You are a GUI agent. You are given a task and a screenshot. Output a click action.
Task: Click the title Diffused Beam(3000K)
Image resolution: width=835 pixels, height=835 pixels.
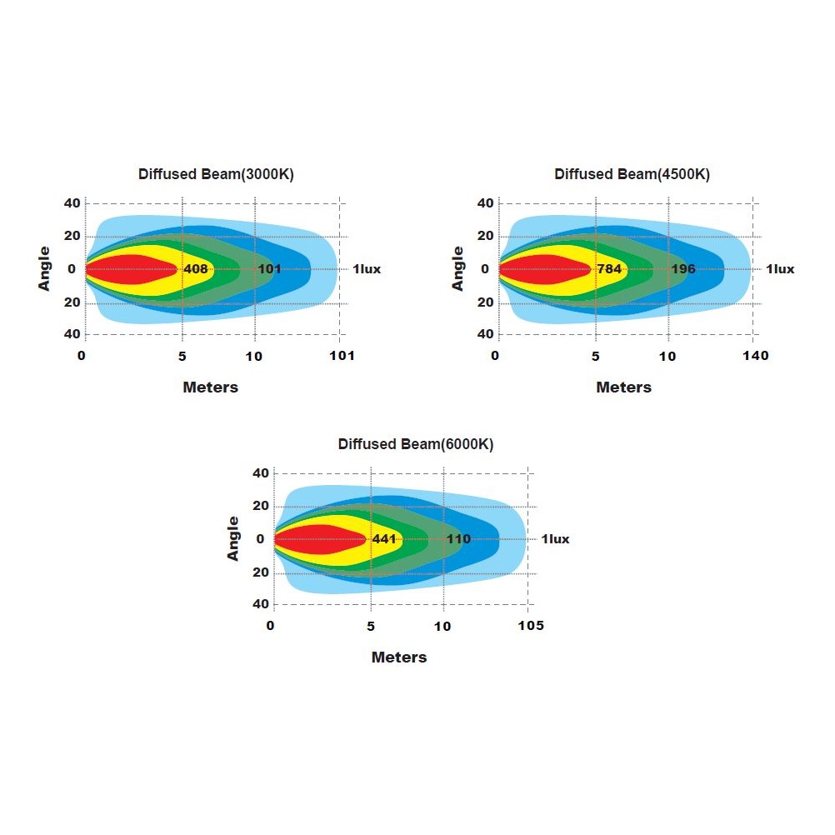click(216, 174)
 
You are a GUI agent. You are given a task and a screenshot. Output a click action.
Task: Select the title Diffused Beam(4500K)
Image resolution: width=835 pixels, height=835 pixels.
click(632, 174)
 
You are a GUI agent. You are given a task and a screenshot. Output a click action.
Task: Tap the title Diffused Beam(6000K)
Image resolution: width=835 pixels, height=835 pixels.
click(416, 444)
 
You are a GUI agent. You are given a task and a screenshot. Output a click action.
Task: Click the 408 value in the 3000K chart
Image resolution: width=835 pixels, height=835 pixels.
click(196, 269)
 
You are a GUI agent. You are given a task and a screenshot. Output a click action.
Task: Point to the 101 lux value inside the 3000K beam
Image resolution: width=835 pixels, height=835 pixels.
click(269, 269)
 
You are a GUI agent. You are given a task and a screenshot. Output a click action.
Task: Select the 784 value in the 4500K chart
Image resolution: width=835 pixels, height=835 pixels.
click(609, 269)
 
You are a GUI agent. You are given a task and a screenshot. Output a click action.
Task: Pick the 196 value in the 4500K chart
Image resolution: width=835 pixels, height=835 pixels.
click(683, 269)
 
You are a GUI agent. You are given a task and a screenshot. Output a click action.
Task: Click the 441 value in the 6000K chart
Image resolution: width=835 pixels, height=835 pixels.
click(384, 539)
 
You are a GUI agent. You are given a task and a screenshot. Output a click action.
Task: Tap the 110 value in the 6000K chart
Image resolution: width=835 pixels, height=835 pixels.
click(458, 539)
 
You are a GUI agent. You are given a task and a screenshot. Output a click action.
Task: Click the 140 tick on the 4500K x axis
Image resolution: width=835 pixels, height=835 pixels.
click(756, 356)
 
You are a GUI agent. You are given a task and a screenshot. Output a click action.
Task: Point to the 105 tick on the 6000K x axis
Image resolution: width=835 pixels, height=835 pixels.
click(531, 626)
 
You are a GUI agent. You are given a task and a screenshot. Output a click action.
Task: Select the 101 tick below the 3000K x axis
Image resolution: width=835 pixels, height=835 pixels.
click(342, 356)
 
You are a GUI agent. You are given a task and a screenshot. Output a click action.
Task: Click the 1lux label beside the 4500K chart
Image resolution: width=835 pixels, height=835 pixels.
click(780, 269)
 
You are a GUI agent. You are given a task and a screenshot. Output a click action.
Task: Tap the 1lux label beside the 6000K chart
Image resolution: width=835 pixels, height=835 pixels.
click(555, 539)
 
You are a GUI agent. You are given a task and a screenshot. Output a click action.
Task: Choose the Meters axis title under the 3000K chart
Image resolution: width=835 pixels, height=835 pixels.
click(210, 387)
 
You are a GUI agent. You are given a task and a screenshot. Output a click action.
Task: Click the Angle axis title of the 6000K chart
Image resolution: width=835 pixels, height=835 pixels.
click(233, 538)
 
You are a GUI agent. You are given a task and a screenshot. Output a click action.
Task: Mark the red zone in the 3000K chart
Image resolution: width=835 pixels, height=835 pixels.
click(125, 269)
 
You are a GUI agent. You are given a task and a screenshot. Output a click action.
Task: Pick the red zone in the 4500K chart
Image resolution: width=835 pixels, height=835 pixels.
click(538, 269)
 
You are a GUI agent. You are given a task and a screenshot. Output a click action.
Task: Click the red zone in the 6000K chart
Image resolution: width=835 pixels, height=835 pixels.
click(313, 539)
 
